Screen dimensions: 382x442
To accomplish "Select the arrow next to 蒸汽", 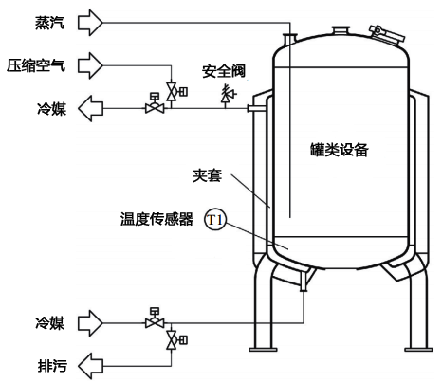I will click(x=90, y=20).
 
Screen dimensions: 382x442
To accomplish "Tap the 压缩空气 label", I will click(x=38, y=64).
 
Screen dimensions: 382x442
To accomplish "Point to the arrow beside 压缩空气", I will click(x=90, y=64).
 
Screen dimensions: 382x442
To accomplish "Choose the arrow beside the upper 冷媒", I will click(x=90, y=108).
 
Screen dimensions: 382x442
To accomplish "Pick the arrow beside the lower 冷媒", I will click(x=90, y=322).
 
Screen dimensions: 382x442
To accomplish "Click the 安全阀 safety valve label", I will click(x=224, y=71).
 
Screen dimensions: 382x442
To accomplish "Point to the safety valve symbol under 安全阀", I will click(x=228, y=95).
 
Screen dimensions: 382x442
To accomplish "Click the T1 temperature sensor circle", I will click(x=215, y=222).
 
